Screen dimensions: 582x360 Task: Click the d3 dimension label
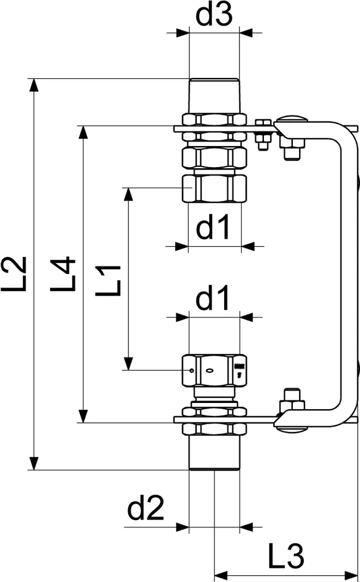(x=214, y=15)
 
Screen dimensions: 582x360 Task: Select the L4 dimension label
(x=62, y=274)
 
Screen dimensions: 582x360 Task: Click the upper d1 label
(x=214, y=228)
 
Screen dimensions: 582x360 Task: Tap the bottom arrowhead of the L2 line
(x=35, y=463)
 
